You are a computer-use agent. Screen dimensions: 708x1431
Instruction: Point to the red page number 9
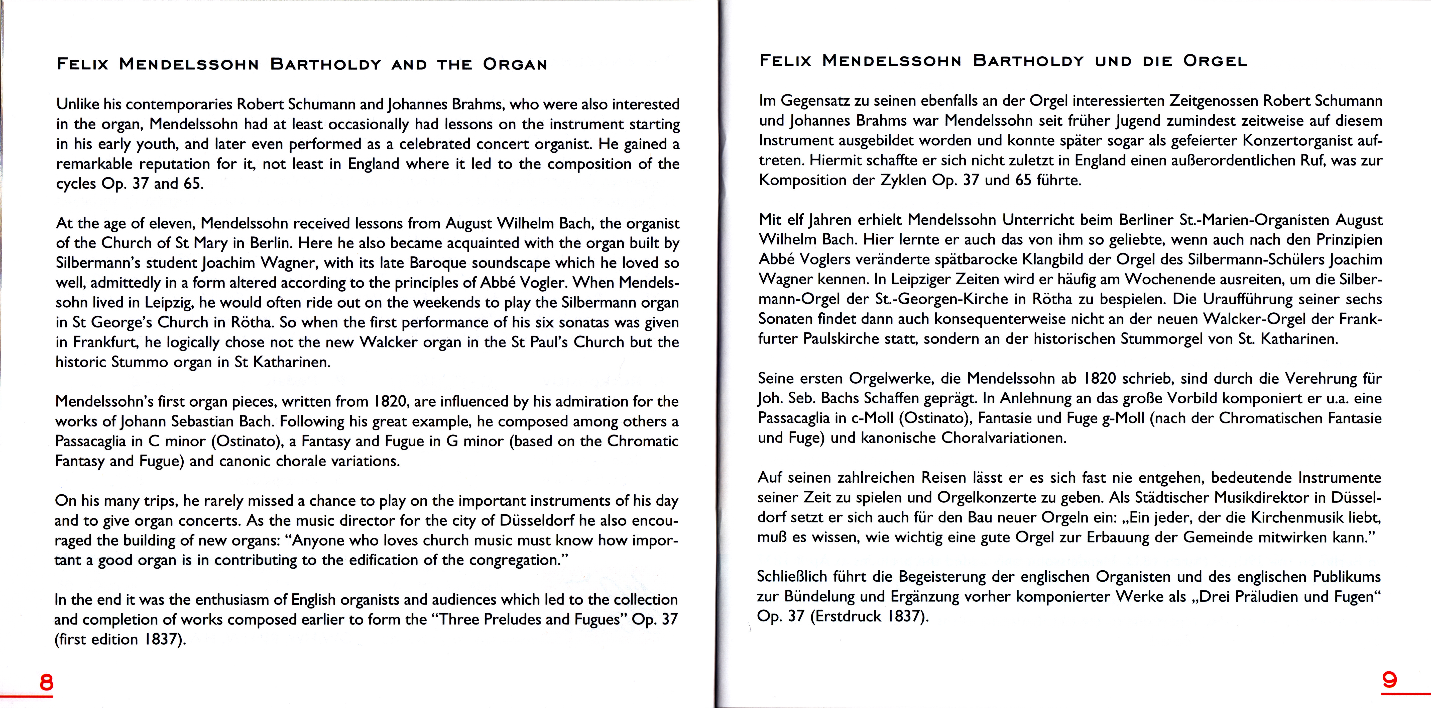(x=1389, y=680)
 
